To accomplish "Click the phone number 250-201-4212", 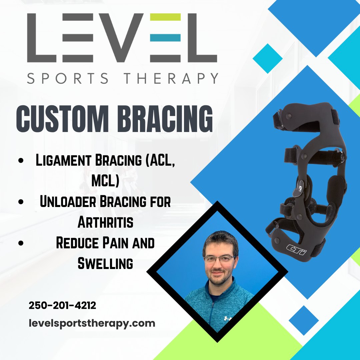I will (62, 305).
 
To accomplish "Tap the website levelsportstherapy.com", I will (92, 323).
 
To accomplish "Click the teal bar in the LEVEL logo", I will (165, 38).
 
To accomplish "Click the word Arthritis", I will (105, 222).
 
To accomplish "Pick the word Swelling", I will (105, 264).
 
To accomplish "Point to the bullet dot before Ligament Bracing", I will (22, 161).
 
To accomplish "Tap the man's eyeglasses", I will (219, 259).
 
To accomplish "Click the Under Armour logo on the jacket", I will (228, 319).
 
